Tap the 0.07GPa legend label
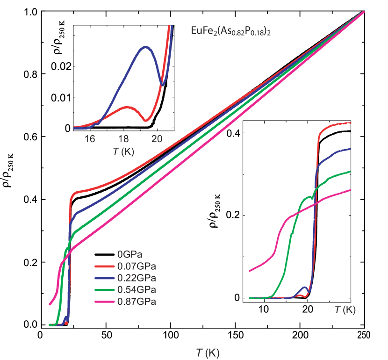pyautogui.click(x=137, y=266)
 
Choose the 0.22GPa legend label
pyautogui.click(x=137, y=278)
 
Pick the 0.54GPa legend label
pyautogui.click(x=137, y=290)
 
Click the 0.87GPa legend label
pyautogui.click(x=137, y=302)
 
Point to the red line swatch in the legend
pyautogui.click(x=106, y=266)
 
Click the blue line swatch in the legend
pyautogui.click(x=106, y=278)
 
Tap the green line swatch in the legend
pyautogui.click(x=106, y=290)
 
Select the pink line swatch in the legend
pyautogui.click(x=106, y=302)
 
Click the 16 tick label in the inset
pyautogui.click(x=90, y=139)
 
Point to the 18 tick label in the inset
pyautogui.click(x=123, y=139)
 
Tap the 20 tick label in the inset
pyautogui.click(x=157, y=139)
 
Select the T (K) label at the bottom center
pyautogui.click(x=208, y=353)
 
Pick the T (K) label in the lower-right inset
pyautogui.click(x=345, y=310)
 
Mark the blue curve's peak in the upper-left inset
pyautogui.click(x=145, y=46)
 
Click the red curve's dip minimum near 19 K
pyautogui.click(x=145, y=121)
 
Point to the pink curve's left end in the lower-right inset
pyautogui.click(x=250, y=271)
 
